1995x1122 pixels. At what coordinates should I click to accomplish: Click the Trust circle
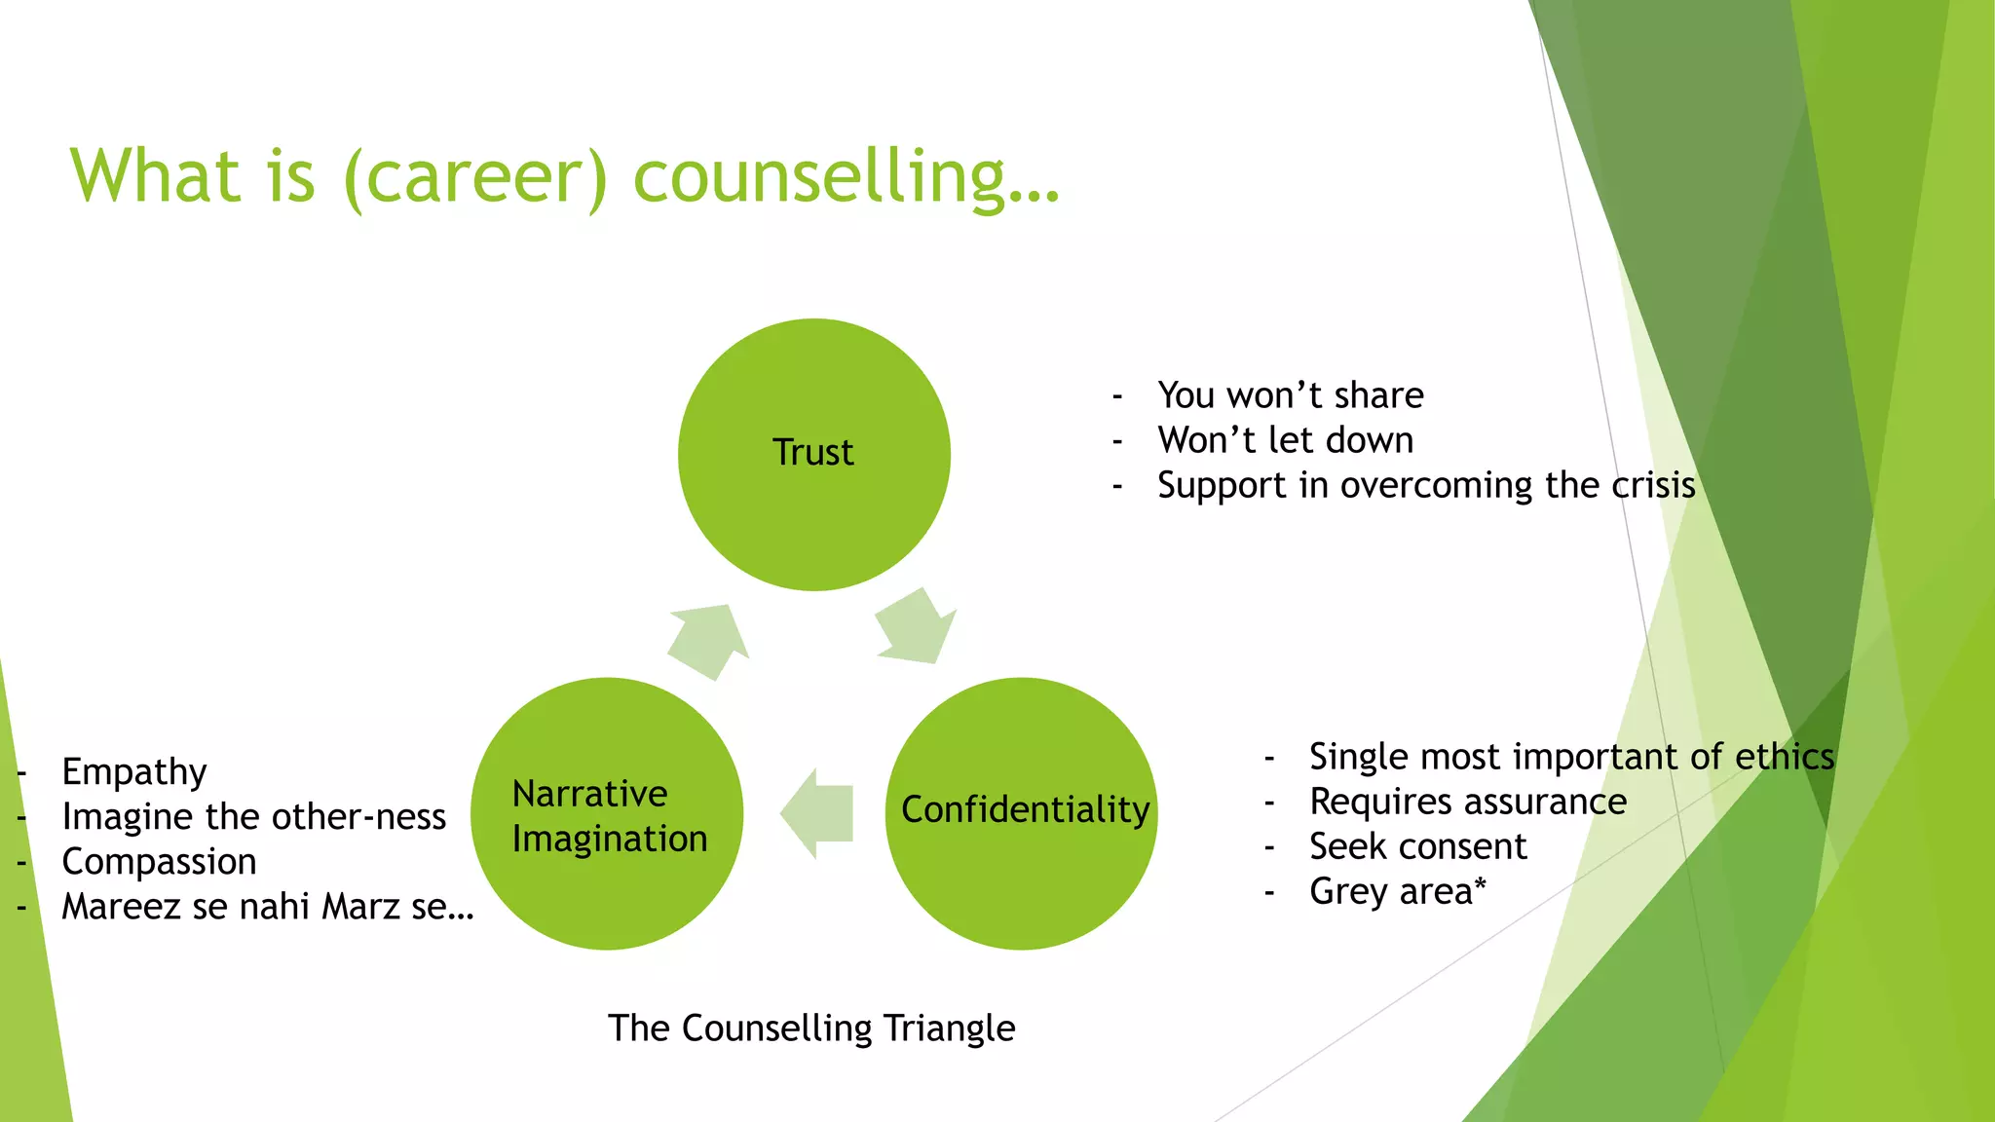pyautogui.click(x=813, y=454)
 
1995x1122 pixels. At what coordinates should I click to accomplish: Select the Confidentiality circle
pyautogui.click(x=1022, y=812)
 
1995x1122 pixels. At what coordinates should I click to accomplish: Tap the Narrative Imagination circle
pyautogui.click(x=607, y=812)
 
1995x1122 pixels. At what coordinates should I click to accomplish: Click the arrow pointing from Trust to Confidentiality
pyautogui.click(x=916, y=627)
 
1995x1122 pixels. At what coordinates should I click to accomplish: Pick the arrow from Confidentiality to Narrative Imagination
pyautogui.click(x=817, y=813)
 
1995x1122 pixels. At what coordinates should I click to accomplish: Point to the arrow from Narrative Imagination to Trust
pyautogui.click(x=708, y=640)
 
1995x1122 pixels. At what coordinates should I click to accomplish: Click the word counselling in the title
pyautogui.click(x=846, y=177)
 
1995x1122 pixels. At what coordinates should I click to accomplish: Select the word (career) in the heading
pyautogui.click(x=475, y=177)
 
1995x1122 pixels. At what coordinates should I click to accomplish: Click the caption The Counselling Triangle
pyautogui.click(x=811, y=1028)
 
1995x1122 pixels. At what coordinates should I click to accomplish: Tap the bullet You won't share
pyautogui.click(x=1290, y=395)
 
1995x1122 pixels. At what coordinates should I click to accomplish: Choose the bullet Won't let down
pyautogui.click(x=1285, y=440)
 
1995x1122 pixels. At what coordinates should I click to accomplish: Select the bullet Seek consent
pyautogui.click(x=1417, y=846)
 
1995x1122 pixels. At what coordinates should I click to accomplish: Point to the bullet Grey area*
pyautogui.click(x=1398, y=891)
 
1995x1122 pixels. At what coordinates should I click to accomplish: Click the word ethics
pyautogui.click(x=1785, y=757)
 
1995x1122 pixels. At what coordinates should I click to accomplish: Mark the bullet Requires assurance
pyautogui.click(x=1467, y=802)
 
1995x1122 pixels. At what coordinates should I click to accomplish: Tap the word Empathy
pyautogui.click(x=134, y=771)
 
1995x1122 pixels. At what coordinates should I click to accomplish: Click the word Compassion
pyautogui.click(x=159, y=862)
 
